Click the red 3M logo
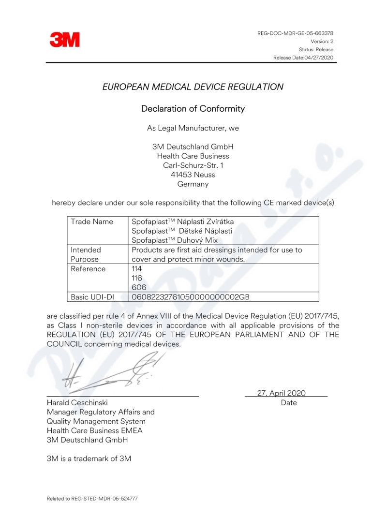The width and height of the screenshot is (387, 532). (64, 40)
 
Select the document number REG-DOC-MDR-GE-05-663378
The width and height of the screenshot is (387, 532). (295, 33)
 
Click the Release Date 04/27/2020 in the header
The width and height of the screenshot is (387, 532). (303, 58)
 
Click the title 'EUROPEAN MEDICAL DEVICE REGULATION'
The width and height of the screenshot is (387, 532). (193, 87)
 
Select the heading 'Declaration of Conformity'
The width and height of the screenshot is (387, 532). (193, 109)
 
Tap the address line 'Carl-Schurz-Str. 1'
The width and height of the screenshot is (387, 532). (193, 165)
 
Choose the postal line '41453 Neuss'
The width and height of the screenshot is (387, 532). (193, 175)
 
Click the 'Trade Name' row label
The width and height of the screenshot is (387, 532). (92, 222)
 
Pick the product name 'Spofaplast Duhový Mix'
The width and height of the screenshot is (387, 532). (175, 240)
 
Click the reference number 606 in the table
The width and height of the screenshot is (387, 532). (138, 287)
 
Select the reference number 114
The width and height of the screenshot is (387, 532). (137, 269)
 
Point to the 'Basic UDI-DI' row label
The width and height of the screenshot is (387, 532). (95, 297)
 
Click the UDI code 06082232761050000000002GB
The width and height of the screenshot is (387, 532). (191, 297)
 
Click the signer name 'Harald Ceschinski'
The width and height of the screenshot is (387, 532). (77, 402)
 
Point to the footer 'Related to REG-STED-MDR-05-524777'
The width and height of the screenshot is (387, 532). (92, 498)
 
